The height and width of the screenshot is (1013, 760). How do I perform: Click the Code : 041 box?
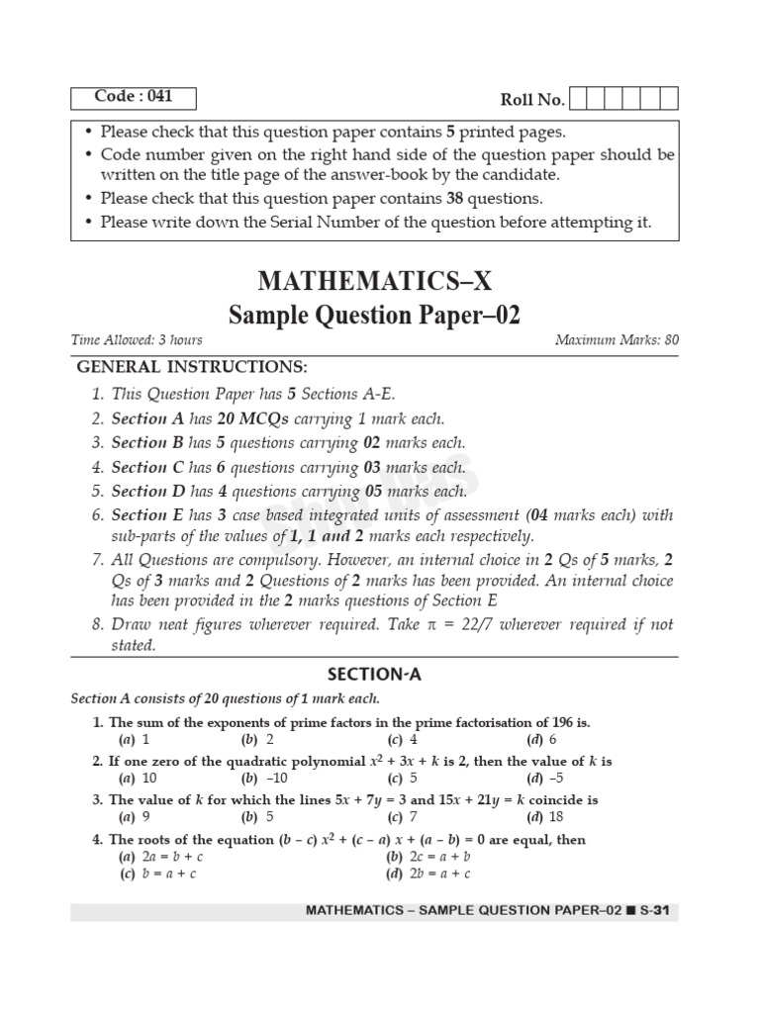click(134, 97)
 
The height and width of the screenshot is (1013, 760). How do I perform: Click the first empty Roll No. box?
click(580, 99)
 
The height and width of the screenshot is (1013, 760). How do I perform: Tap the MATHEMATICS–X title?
click(374, 282)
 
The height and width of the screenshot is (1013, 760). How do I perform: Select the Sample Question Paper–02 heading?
click(374, 316)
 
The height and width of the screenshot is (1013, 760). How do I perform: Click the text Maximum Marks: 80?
click(617, 340)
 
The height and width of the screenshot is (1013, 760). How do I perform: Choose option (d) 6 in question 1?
click(543, 739)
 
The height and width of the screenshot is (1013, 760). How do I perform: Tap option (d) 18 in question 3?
click(546, 816)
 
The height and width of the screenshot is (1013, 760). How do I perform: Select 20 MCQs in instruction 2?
click(246, 418)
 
